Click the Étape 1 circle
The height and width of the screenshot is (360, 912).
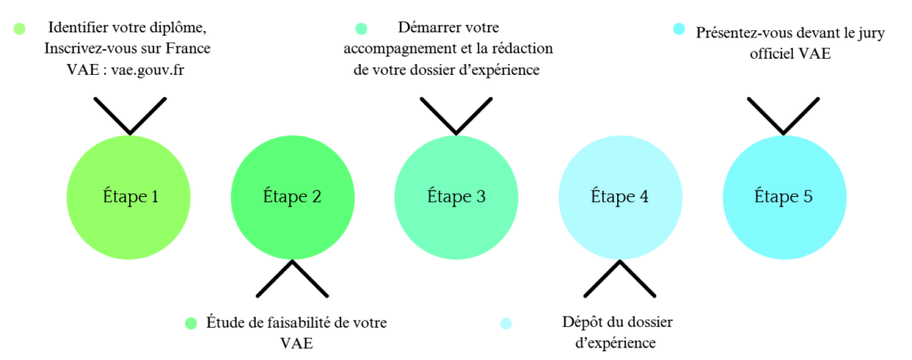tap(128, 197)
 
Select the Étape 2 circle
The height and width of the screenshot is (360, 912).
tap(292, 197)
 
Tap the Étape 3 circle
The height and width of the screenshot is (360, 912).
tap(457, 197)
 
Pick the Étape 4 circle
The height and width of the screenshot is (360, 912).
tap(620, 197)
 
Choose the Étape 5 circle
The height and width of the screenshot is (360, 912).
tap(784, 197)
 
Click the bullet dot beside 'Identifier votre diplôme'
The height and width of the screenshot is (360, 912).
tap(20, 29)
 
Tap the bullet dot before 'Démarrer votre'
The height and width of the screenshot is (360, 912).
tap(362, 29)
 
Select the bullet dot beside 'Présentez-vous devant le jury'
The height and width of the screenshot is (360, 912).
tap(678, 29)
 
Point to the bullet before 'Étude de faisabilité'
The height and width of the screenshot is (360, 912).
tap(191, 323)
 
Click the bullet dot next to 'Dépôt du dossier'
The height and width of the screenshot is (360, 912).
tap(506, 323)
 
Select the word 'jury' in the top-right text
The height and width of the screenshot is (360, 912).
tap(871, 34)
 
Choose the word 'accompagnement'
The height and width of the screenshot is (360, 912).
tap(395, 49)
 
